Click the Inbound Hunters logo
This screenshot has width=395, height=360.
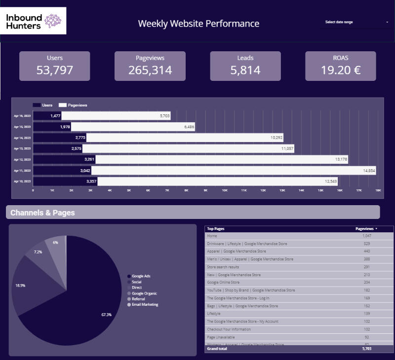[x=34, y=21]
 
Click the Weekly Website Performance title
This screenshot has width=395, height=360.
[x=198, y=24]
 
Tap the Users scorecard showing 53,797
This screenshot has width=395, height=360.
[x=55, y=66]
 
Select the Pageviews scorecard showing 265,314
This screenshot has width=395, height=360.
[x=150, y=66]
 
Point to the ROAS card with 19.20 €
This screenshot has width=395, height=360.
[x=341, y=66]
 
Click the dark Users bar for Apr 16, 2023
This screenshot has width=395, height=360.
[x=47, y=116]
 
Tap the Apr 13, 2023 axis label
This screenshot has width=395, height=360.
[x=22, y=148]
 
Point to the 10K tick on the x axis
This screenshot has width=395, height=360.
[x=225, y=190]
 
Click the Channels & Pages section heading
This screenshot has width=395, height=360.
[x=42, y=213]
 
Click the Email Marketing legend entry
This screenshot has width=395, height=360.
[x=145, y=305]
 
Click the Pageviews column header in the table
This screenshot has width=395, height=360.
[x=365, y=229]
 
